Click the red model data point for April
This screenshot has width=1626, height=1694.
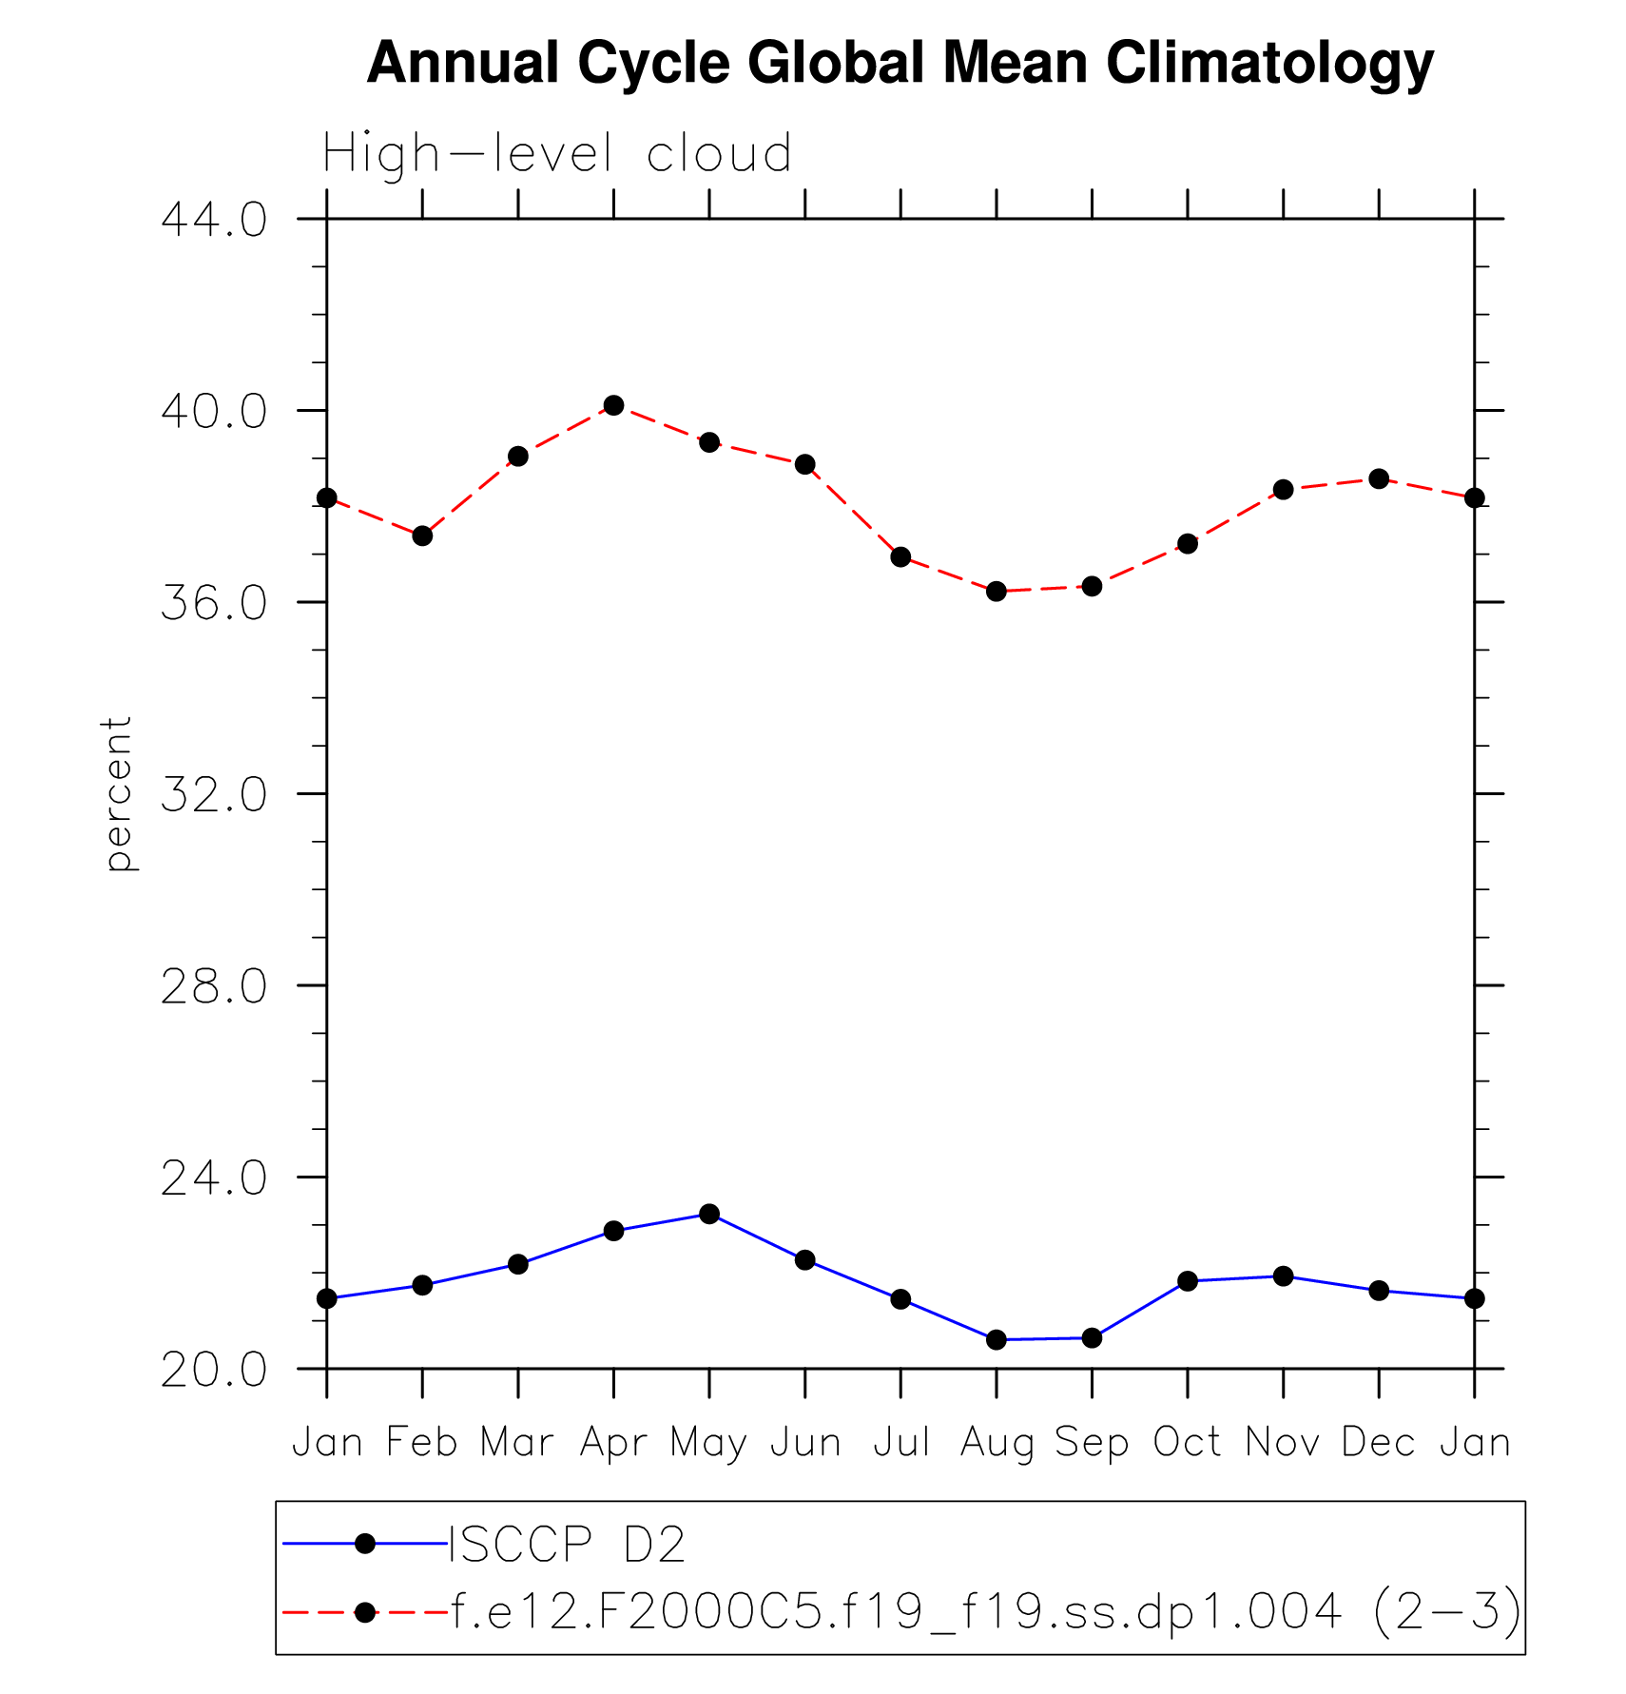tap(613, 405)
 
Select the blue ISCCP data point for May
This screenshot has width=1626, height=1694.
tap(709, 1214)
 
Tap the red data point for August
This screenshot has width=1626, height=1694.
tap(997, 592)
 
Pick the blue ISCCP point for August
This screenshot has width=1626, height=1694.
tap(997, 1340)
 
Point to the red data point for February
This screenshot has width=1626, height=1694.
tap(422, 536)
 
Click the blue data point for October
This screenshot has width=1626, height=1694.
tap(1188, 1281)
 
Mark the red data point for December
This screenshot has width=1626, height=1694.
tap(1379, 478)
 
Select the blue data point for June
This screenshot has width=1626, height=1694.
tap(805, 1260)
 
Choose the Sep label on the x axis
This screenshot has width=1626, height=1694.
tap(1092, 1444)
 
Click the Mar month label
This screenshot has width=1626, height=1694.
tap(517, 1444)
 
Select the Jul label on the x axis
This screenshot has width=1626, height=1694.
tap(900, 1444)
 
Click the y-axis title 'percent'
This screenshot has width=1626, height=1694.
tap(118, 794)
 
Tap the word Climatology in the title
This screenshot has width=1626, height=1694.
tap(1269, 64)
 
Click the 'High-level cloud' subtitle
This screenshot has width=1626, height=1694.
tap(557, 154)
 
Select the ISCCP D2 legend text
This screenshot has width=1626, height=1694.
tap(567, 1545)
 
